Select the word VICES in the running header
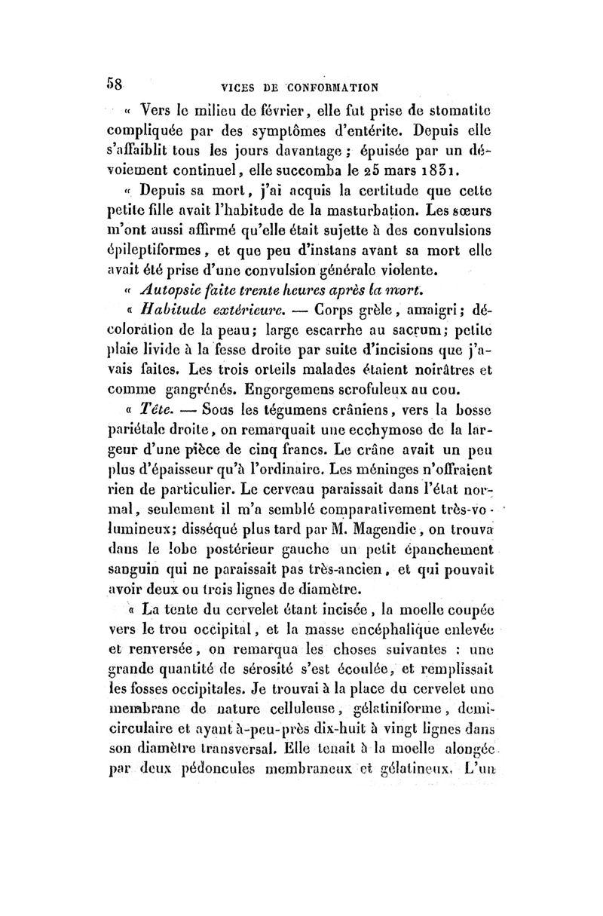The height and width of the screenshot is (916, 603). (x=214, y=85)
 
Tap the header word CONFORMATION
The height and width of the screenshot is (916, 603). (x=325, y=85)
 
